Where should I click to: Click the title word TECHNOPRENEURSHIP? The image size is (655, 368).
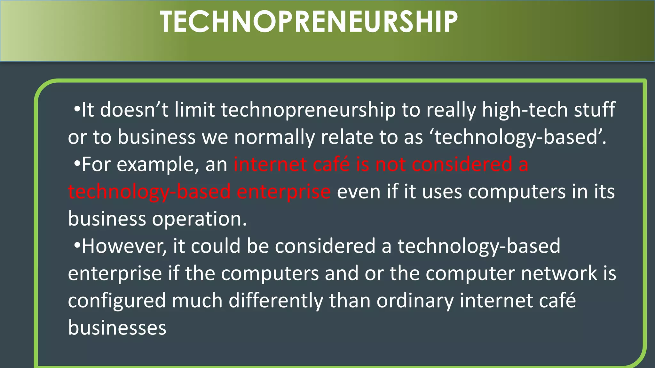[309, 22]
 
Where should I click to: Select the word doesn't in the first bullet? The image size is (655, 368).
[134, 110]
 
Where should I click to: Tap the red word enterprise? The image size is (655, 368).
[283, 192]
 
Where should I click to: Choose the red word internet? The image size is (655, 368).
[270, 165]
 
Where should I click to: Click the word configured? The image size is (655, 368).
[117, 301]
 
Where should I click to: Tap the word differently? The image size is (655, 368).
[276, 301]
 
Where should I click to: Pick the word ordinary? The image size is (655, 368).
[415, 301]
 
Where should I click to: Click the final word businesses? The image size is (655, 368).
[117, 328]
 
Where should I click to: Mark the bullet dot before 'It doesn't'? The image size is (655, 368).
[76, 110]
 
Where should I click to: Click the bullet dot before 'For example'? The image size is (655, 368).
[76, 164]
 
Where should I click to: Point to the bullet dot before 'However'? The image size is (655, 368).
[76, 246]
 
